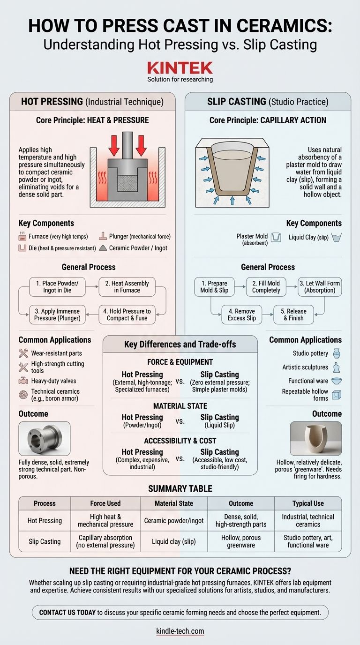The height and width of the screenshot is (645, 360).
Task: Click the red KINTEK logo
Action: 180,68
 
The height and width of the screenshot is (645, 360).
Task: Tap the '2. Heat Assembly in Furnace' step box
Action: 127,287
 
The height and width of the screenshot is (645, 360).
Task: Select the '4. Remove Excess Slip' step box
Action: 241,315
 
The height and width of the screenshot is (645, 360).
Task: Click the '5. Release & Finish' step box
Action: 293,315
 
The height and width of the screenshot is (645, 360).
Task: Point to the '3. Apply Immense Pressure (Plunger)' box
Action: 57,315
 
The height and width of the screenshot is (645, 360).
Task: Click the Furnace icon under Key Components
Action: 22,236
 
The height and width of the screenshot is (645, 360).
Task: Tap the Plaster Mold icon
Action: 276,237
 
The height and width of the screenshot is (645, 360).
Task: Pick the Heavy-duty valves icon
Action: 23,381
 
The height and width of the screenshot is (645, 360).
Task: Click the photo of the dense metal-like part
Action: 45,439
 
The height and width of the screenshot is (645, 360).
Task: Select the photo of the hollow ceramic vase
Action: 315,439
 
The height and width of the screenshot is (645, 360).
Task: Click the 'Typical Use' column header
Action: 308,503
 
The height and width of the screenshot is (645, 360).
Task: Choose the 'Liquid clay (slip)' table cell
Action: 174,541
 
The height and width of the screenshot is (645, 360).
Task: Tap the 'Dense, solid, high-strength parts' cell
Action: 241,521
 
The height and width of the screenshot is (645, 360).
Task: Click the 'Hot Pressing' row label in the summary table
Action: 45,521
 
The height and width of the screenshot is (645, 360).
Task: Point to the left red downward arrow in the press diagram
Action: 114,146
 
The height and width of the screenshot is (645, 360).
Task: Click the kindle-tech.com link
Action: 180,631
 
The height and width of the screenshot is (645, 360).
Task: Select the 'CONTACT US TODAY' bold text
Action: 67,613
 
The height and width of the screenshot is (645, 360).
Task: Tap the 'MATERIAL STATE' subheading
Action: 180,406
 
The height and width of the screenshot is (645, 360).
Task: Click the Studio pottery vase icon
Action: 337,353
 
